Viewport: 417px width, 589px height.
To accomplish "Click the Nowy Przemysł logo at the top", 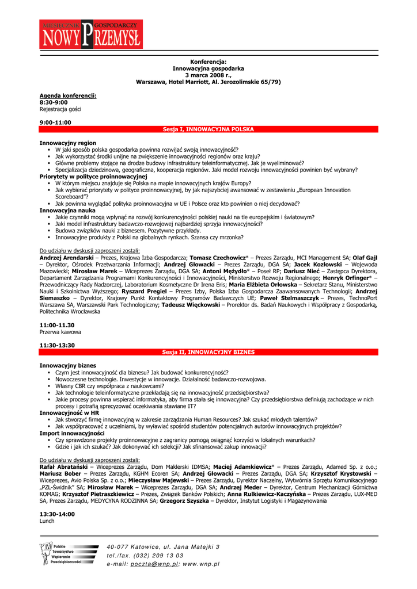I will (x=91, y=34).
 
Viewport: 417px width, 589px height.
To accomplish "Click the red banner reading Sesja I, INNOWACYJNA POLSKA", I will (x=208, y=129).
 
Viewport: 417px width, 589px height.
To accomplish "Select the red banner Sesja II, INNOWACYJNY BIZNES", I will (x=208, y=351).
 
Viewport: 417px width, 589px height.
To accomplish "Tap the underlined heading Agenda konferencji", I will (x=68, y=95).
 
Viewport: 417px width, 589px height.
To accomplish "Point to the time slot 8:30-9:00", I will (x=54, y=102).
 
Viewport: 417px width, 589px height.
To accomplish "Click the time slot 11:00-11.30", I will (x=57, y=325).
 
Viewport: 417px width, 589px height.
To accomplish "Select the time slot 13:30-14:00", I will (x=57, y=514).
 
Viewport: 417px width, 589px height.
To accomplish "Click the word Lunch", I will (x=47, y=521).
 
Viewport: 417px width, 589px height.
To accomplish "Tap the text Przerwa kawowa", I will (x=60, y=332).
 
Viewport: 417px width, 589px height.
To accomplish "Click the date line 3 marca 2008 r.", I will (x=208, y=75).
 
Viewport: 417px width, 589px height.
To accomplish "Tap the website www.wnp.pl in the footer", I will (x=201, y=564).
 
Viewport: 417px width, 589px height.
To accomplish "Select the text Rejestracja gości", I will (x=60, y=109).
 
